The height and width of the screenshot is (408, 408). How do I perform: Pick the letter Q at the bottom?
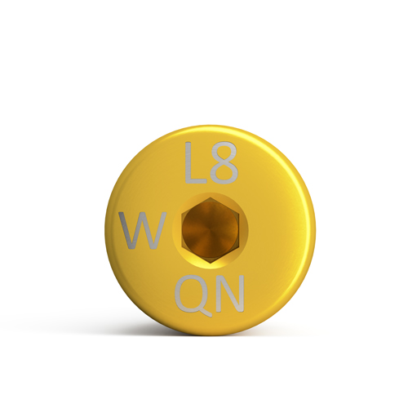[193, 295]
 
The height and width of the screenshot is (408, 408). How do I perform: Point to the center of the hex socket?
[211, 230]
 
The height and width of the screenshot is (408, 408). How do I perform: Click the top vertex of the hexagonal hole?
[210, 197]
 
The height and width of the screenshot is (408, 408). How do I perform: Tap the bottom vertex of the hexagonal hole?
[211, 264]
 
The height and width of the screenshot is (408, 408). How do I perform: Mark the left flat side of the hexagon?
[182, 231]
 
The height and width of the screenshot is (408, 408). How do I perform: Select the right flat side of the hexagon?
[240, 231]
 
